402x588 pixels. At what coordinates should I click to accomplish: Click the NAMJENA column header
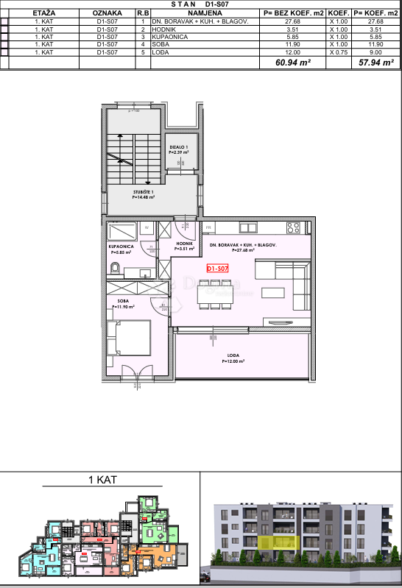tap(205, 13)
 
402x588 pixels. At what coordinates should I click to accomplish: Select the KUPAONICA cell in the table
tap(169, 36)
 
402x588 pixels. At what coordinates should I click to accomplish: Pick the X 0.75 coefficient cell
tap(338, 52)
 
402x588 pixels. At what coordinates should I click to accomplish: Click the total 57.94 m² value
tap(374, 63)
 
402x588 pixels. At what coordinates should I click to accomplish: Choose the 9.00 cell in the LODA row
tap(374, 52)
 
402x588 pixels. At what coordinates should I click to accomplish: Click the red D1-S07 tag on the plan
tap(219, 269)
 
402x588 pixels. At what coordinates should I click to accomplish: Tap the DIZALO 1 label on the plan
tap(179, 148)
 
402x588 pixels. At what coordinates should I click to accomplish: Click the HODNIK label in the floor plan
tap(184, 245)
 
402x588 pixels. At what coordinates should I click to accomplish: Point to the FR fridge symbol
tap(209, 227)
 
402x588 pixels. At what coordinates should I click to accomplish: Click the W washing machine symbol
tap(147, 227)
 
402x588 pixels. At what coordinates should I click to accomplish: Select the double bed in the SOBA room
tap(130, 339)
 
